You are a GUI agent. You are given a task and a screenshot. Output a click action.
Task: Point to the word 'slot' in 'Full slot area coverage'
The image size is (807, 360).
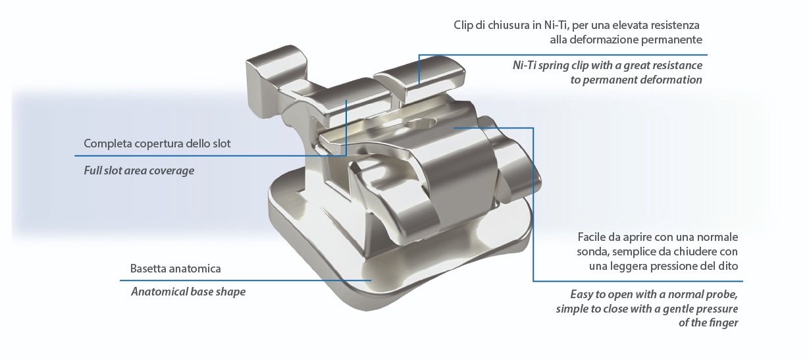pyautogui.click(x=113, y=170)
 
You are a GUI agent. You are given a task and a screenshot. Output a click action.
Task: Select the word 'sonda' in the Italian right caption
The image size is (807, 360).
pyautogui.click(x=592, y=252)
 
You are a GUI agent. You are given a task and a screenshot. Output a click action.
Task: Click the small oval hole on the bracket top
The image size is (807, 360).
pyautogui.click(x=419, y=124)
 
